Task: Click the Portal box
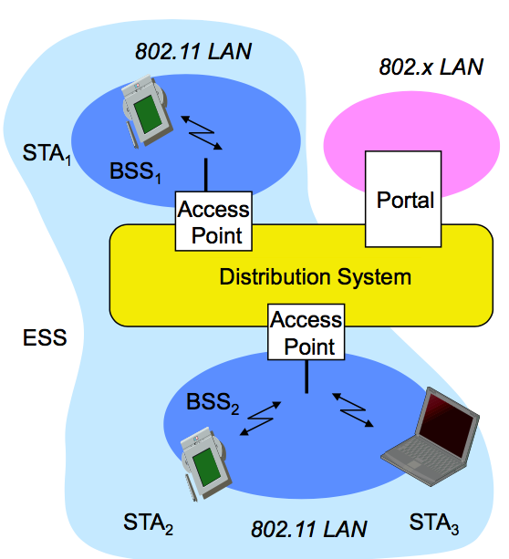click(x=403, y=199)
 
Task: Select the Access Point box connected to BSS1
click(x=213, y=222)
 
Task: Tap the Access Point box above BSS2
click(x=306, y=332)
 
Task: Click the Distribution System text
click(x=316, y=276)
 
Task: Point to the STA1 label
click(x=47, y=155)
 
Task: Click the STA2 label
click(x=148, y=523)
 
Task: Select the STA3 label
click(x=433, y=523)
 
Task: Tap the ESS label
click(x=45, y=337)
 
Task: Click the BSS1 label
click(x=135, y=172)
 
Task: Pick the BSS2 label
click(x=213, y=403)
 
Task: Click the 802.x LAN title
click(x=431, y=67)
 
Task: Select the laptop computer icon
click(x=431, y=437)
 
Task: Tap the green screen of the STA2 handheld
click(x=208, y=467)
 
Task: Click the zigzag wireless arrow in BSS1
click(x=202, y=133)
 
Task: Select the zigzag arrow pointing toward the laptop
click(x=353, y=410)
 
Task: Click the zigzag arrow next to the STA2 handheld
click(x=260, y=419)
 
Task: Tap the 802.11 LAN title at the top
click(x=193, y=51)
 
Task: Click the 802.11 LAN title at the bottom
click(x=309, y=529)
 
